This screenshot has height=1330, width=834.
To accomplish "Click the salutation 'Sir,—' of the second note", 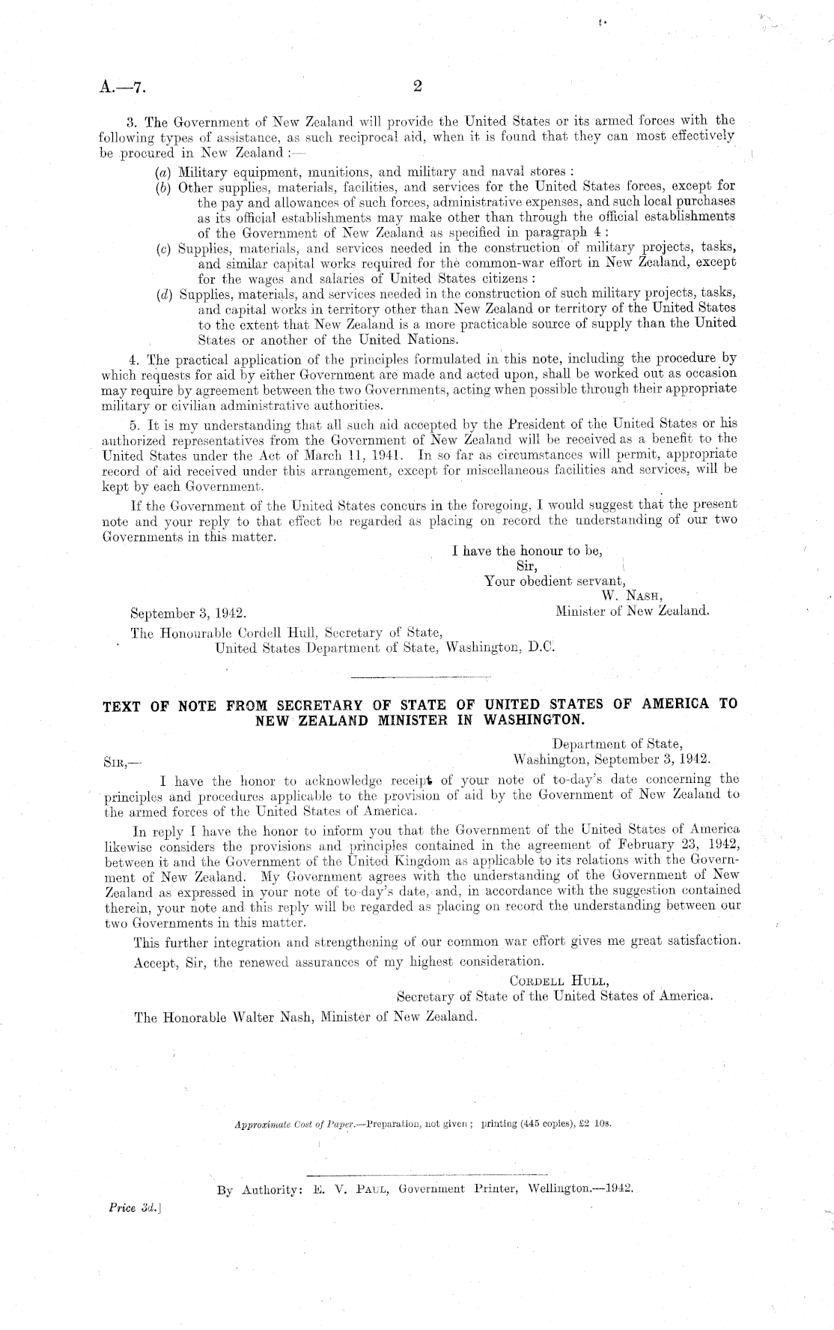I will coord(118,762).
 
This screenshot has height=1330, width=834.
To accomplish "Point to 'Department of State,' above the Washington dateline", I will coord(617,744).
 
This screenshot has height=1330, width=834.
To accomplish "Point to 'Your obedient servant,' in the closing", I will coord(556,581).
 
